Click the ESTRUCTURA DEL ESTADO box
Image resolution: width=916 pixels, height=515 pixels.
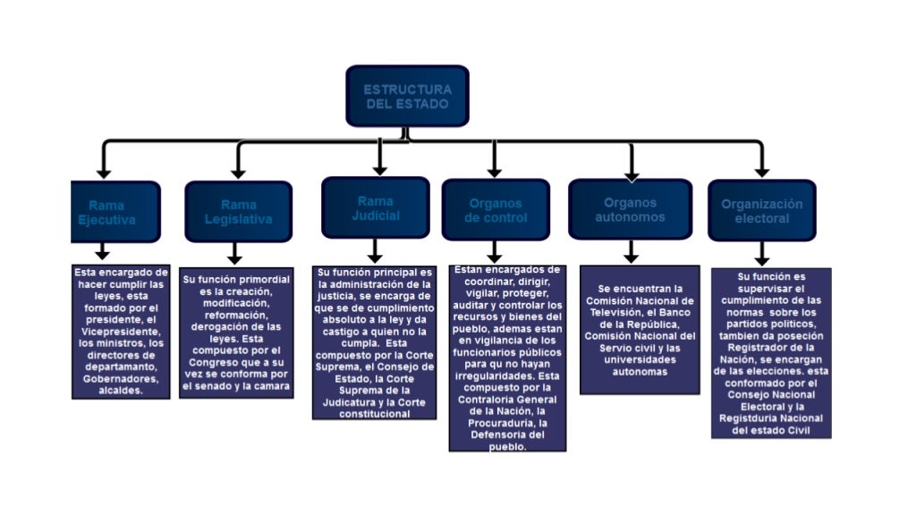(407, 96)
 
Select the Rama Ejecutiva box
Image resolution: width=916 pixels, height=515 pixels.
(114, 212)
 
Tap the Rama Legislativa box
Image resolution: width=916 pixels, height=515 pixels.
(238, 212)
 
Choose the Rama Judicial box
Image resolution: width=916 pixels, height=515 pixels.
(375, 207)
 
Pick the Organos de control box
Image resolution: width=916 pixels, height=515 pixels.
(495, 210)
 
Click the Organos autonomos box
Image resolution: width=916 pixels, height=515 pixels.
(630, 209)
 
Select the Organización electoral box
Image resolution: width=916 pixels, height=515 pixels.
(761, 210)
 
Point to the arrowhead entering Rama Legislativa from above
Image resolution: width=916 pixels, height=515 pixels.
(238, 172)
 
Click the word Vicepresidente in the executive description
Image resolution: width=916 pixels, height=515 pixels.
(116, 331)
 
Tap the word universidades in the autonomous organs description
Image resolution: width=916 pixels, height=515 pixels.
(639, 359)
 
